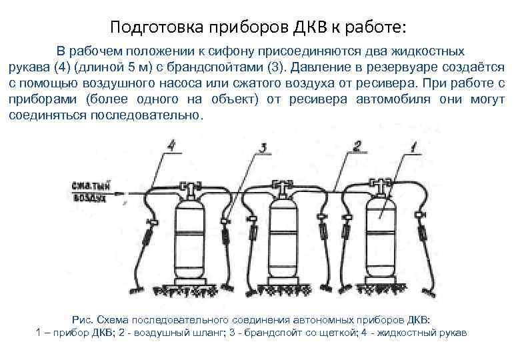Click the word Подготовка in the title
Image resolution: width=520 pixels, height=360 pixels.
147,28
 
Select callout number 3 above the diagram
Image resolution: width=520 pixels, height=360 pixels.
263,148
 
